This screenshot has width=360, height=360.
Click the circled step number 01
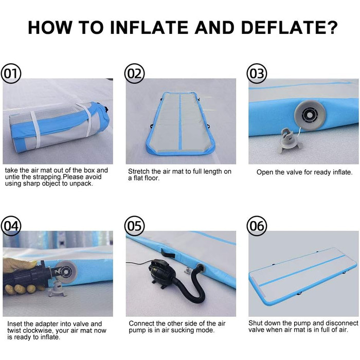(x=11, y=74)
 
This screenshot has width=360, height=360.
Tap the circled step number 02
(x=134, y=74)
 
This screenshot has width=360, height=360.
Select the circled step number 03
(x=257, y=74)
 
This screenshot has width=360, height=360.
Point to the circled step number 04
(x=11, y=226)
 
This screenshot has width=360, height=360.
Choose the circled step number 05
(x=134, y=226)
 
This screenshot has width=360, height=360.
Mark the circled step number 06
(x=257, y=226)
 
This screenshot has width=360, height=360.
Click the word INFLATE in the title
(x=149, y=28)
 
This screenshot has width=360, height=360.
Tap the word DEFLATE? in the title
(x=289, y=28)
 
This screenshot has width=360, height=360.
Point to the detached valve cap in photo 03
(x=290, y=140)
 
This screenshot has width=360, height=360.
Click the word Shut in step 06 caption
(x=255, y=323)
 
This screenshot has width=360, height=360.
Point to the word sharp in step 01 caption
(x=30, y=184)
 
